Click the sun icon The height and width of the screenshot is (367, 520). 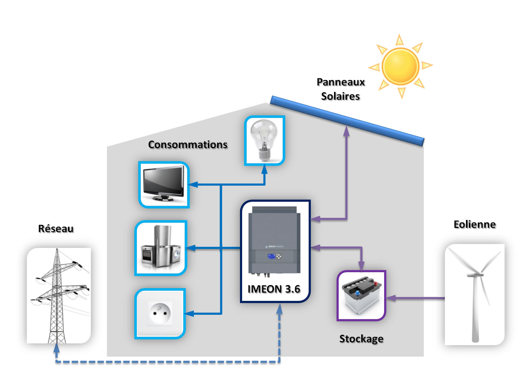[x=400, y=66]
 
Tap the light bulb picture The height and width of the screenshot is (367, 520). [x=264, y=140]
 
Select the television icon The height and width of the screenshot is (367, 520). [x=164, y=185]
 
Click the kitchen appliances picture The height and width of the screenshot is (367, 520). [x=161, y=248]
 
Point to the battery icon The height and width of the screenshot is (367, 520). [x=361, y=295]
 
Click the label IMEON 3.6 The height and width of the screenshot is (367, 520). [x=274, y=289]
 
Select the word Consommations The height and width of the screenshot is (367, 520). [x=188, y=145]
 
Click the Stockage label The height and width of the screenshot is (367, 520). [x=361, y=339]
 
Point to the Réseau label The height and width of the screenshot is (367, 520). [x=56, y=229]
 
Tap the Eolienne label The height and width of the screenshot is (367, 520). [x=475, y=224]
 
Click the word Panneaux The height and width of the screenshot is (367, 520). [x=340, y=82]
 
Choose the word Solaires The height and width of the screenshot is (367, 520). [x=340, y=96]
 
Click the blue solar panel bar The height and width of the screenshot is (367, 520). [x=347, y=121]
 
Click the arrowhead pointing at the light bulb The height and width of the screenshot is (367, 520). [x=264, y=169]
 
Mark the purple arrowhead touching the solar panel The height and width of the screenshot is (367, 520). [x=346, y=131]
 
